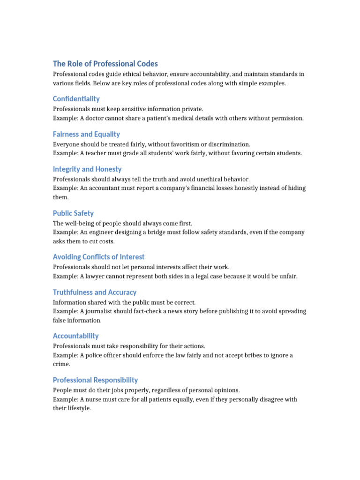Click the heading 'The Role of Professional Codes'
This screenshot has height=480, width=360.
105,64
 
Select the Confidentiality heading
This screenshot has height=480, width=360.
76,99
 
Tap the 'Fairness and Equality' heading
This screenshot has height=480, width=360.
86,134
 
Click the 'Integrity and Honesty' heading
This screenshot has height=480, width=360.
87,169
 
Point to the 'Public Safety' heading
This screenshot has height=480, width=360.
73,213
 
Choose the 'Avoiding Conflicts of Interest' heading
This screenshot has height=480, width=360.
98,257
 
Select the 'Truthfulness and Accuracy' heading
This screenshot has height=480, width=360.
95,292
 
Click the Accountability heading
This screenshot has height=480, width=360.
75,336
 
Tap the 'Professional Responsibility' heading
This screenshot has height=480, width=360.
95,380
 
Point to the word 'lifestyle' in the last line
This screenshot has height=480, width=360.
78,408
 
